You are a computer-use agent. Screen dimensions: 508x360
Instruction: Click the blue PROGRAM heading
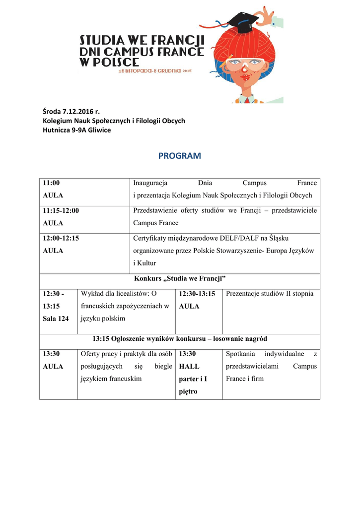click(x=180, y=156)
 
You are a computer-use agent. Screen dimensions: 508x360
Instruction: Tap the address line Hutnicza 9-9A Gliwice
click(x=77, y=130)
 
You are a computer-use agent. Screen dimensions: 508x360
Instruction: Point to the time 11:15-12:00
click(x=61, y=210)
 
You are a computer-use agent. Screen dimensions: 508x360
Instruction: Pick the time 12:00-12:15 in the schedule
click(x=61, y=238)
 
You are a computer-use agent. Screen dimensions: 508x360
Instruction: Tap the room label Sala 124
click(x=56, y=318)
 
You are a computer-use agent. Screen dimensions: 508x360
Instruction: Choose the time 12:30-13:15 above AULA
click(x=197, y=294)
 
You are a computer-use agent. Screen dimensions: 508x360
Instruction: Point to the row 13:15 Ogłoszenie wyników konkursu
click(x=180, y=339)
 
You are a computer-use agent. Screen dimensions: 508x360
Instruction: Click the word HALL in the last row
click(x=189, y=367)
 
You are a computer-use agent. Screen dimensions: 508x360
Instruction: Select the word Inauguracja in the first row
click(x=150, y=183)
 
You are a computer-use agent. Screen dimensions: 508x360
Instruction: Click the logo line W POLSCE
click(x=110, y=62)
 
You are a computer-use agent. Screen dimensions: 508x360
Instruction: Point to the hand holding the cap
click(x=268, y=17)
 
